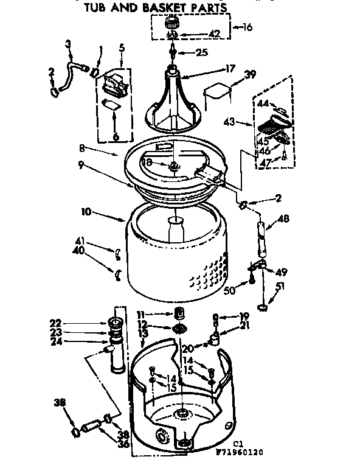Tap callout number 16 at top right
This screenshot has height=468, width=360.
[x=247, y=27]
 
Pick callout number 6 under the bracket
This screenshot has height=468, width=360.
[x=116, y=138]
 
